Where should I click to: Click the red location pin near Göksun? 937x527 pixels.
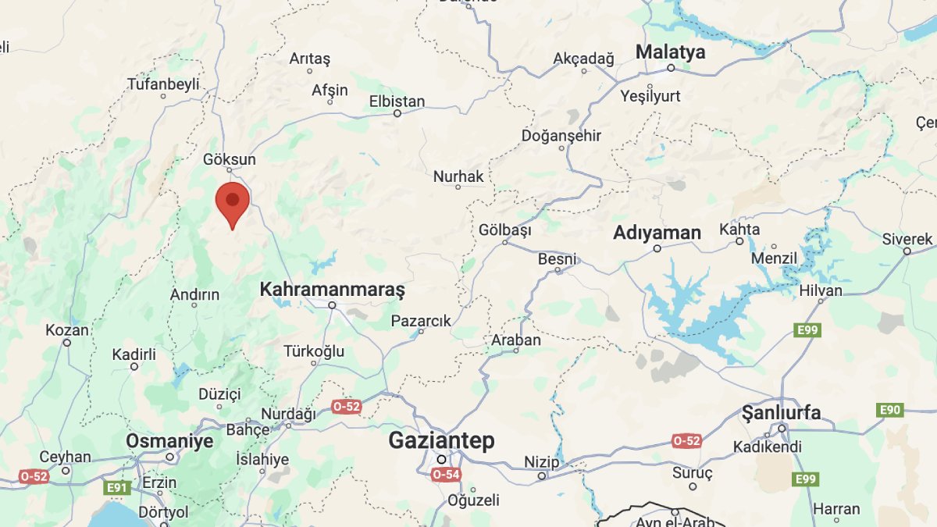232,201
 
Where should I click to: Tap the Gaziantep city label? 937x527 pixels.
441,440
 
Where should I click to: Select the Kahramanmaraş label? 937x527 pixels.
332,290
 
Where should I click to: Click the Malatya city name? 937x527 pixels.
670,52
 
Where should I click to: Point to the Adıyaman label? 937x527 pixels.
657,233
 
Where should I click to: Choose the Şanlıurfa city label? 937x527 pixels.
781,412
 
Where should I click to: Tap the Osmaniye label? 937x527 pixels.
169,441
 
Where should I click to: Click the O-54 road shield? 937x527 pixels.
445,474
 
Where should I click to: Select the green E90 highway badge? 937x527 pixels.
890,410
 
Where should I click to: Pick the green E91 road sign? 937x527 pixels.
117,487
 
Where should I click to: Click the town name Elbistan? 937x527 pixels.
397,101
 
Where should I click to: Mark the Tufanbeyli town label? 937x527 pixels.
163,84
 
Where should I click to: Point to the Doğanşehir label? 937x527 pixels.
561,136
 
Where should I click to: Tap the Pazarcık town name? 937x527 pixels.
421,321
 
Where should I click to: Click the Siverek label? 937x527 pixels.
907,239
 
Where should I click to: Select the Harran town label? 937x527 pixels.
836,509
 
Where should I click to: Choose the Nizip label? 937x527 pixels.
542,461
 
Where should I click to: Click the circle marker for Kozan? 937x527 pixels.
66,343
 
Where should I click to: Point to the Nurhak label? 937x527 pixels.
458,176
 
